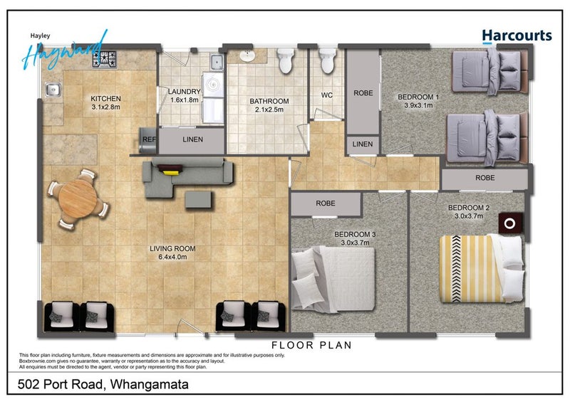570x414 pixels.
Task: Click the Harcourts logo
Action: point(517,36)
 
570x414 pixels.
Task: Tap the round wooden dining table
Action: point(78,199)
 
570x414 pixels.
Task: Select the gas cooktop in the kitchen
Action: point(105,59)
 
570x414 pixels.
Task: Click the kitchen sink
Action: point(53,89)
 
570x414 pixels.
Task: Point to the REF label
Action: point(149,139)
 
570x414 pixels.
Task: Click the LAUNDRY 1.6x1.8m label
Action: point(185,96)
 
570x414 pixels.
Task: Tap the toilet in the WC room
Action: point(328,60)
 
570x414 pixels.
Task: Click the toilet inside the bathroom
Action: point(286,60)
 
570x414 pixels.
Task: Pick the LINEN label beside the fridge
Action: point(192,139)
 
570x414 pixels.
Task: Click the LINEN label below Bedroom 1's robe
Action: point(363,144)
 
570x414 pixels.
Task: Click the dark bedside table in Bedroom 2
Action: point(510,223)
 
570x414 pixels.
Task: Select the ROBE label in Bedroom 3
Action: point(326,203)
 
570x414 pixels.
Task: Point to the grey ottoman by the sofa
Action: point(198,200)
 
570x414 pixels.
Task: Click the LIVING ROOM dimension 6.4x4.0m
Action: point(172,257)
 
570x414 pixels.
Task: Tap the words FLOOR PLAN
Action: point(311,345)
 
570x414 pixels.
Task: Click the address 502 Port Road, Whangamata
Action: point(103,384)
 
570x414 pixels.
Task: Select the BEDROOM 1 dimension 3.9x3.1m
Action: point(418,105)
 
